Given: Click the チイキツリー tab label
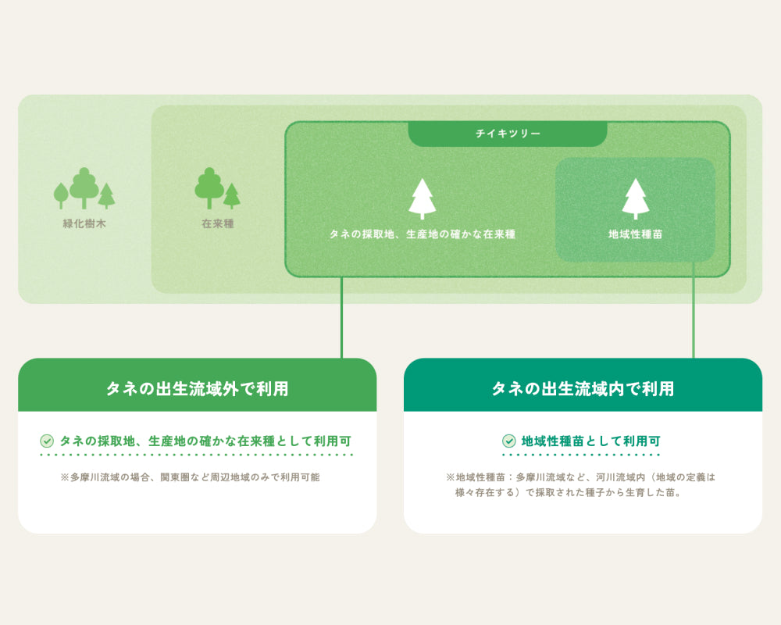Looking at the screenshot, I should (508, 134).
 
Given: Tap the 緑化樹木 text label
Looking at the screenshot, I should (84, 224).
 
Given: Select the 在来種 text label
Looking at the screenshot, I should (217, 224).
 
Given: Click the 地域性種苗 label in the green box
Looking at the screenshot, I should (635, 234).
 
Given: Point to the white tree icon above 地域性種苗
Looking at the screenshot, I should (635, 198).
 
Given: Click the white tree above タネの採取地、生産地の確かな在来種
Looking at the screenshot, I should (422, 198).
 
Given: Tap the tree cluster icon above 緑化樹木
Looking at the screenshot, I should (84, 189).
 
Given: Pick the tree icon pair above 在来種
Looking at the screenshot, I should (217, 188).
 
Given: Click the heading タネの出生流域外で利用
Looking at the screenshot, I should (197, 388).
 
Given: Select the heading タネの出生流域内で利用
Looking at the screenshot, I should (583, 388).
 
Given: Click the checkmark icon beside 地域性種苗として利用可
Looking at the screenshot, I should (509, 441).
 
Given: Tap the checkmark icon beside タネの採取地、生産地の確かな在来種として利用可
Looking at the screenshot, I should (47, 441).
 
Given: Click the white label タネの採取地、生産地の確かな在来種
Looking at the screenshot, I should (422, 234).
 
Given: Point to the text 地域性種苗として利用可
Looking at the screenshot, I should (590, 441).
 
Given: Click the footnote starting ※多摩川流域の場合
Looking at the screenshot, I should (190, 477).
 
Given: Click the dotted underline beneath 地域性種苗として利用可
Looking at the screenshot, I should (581, 454).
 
